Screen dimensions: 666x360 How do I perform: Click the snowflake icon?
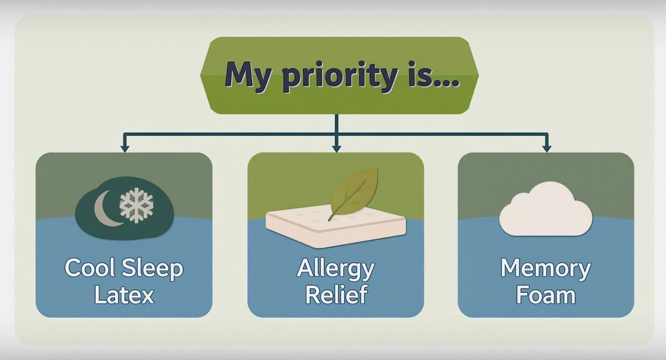pyautogui.click(x=136, y=205)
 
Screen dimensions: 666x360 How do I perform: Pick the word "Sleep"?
pyautogui.click(x=153, y=269)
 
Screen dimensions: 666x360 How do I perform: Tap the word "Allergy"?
pyautogui.click(x=335, y=269)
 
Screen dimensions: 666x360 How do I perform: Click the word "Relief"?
pyautogui.click(x=336, y=294)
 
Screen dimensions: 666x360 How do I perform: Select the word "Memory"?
pyautogui.click(x=545, y=269)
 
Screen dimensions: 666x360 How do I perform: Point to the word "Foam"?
pyautogui.click(x=545, y=294)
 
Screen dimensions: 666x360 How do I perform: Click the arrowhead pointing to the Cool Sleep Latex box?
pyautogui.click(x=125, y=149)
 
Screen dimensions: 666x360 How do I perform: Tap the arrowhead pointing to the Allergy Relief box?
pyautogui.click(x=336, y=149)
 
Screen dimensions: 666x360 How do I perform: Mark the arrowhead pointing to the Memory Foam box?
pyautogui.click(x=547, y=149)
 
